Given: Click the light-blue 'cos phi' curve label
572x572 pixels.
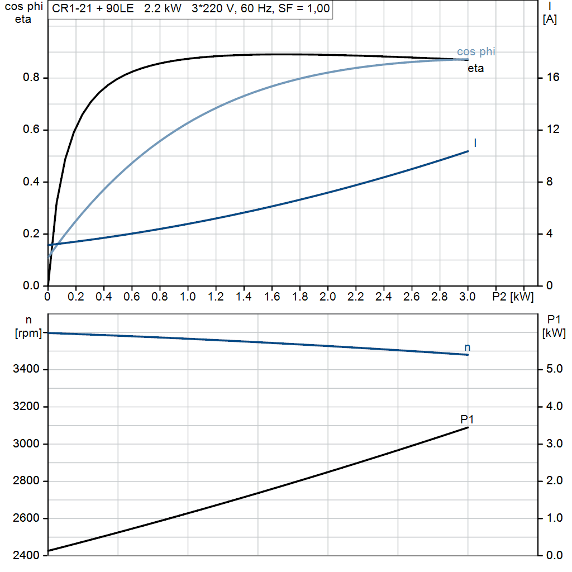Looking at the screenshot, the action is point(476,52).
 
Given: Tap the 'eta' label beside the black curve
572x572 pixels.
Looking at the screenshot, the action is point(476,69).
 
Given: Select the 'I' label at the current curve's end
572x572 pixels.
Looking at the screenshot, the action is point(475,142).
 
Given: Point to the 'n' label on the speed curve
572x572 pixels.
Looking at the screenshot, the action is point(468,347).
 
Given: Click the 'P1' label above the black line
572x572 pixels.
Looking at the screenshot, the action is point(467,420).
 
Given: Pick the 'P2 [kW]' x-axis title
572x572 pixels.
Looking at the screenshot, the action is point(513,297).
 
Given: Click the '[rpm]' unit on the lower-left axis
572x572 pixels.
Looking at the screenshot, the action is point(28,333).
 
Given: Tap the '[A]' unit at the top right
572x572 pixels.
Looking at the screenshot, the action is point(550,20).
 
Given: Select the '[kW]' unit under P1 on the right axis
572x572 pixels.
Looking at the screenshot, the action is point(554,333).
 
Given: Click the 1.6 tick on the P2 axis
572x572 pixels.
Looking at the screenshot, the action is point(272,297).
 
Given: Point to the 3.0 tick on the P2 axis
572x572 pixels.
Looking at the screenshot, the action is point(468,297).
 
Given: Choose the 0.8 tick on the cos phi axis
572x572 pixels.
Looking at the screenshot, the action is point(31,77).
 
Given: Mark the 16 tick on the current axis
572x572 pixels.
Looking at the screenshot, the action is point(552,77).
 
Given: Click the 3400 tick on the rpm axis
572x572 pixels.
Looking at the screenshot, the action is point(26,369).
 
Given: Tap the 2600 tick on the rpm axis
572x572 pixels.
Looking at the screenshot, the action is point(26,518).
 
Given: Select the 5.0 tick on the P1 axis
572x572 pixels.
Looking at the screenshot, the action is point(555,369).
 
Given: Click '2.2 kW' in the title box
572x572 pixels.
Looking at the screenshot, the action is point(163,8).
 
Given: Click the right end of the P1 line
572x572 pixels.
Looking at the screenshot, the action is point(468,427).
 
